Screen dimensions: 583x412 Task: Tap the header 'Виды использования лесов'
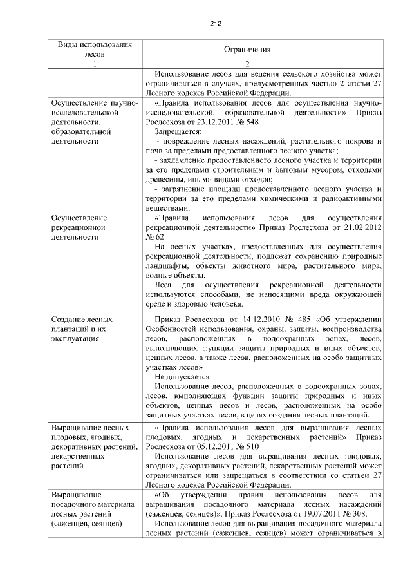click(95, 50)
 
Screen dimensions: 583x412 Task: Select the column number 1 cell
click(95, 64)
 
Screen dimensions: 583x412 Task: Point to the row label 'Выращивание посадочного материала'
click(90, 509)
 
